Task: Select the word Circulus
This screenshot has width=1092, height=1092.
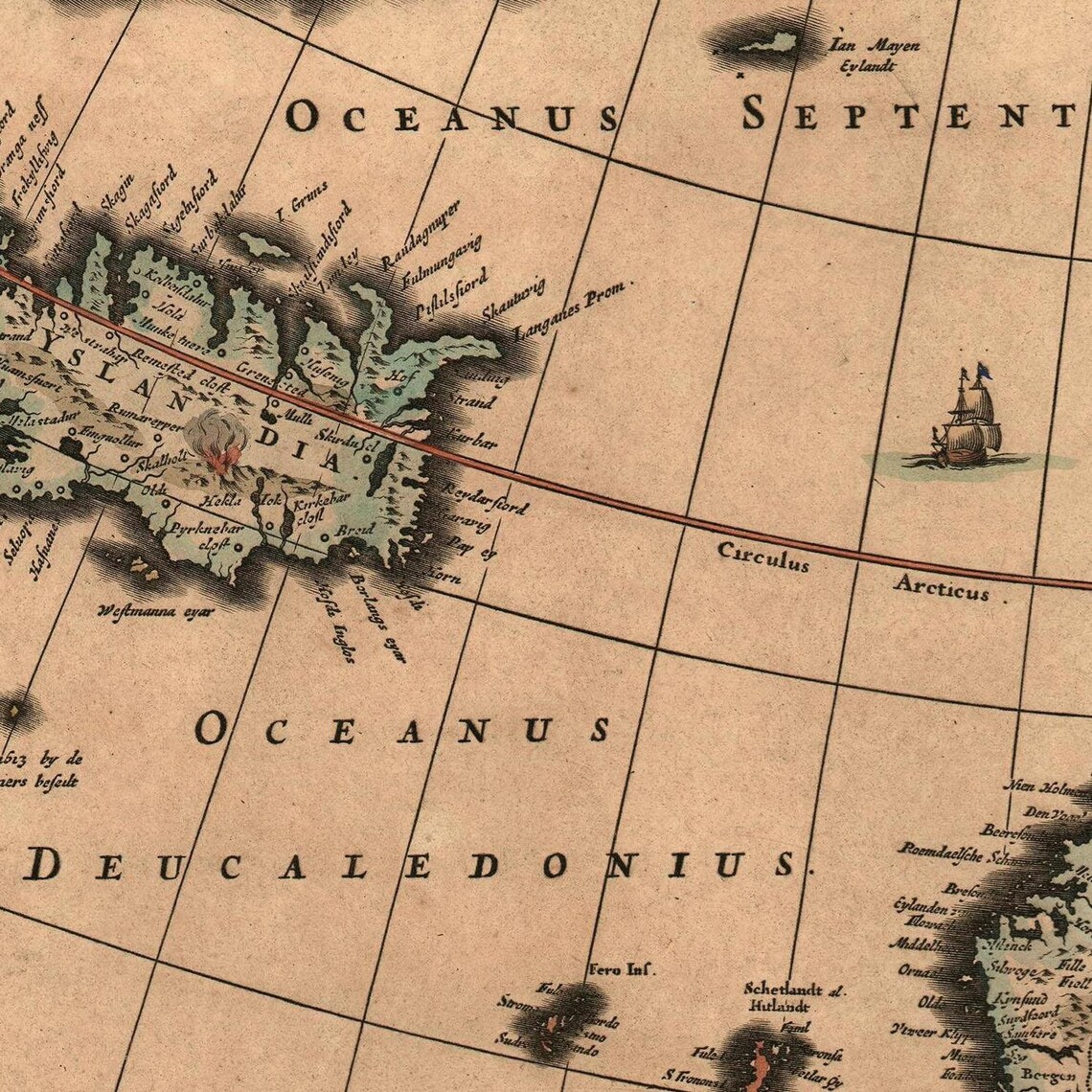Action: (763, 556)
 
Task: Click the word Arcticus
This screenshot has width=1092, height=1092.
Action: (942, 586)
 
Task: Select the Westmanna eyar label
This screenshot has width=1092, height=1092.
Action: (156, 610)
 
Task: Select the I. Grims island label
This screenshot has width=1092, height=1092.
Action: (300, 204)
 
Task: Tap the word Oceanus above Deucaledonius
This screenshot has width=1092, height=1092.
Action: (402, 730)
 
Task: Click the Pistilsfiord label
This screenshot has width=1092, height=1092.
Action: (451, 294)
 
